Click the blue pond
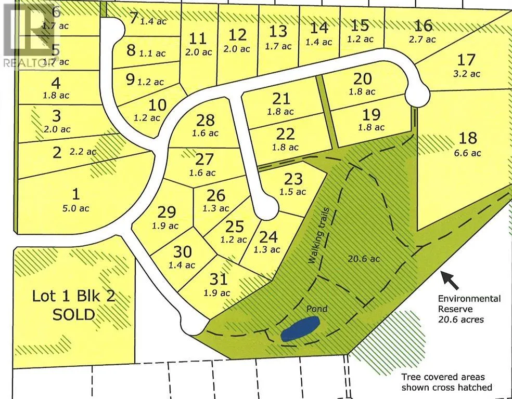(x=299, y=329)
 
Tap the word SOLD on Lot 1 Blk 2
(x=73, y=314)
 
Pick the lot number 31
(x=219, y=280)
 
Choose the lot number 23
(x=293, y=179)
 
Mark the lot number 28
(x=206, y=121)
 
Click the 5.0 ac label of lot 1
(x=76, y=208)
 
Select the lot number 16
(x=424, y=25)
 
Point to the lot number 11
(x=198, y=38)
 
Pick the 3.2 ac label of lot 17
(x=467, y=74)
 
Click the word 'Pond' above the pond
(x=316, y=309)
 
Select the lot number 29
(x=167, y=212)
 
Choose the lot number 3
(x=56, y=115)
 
